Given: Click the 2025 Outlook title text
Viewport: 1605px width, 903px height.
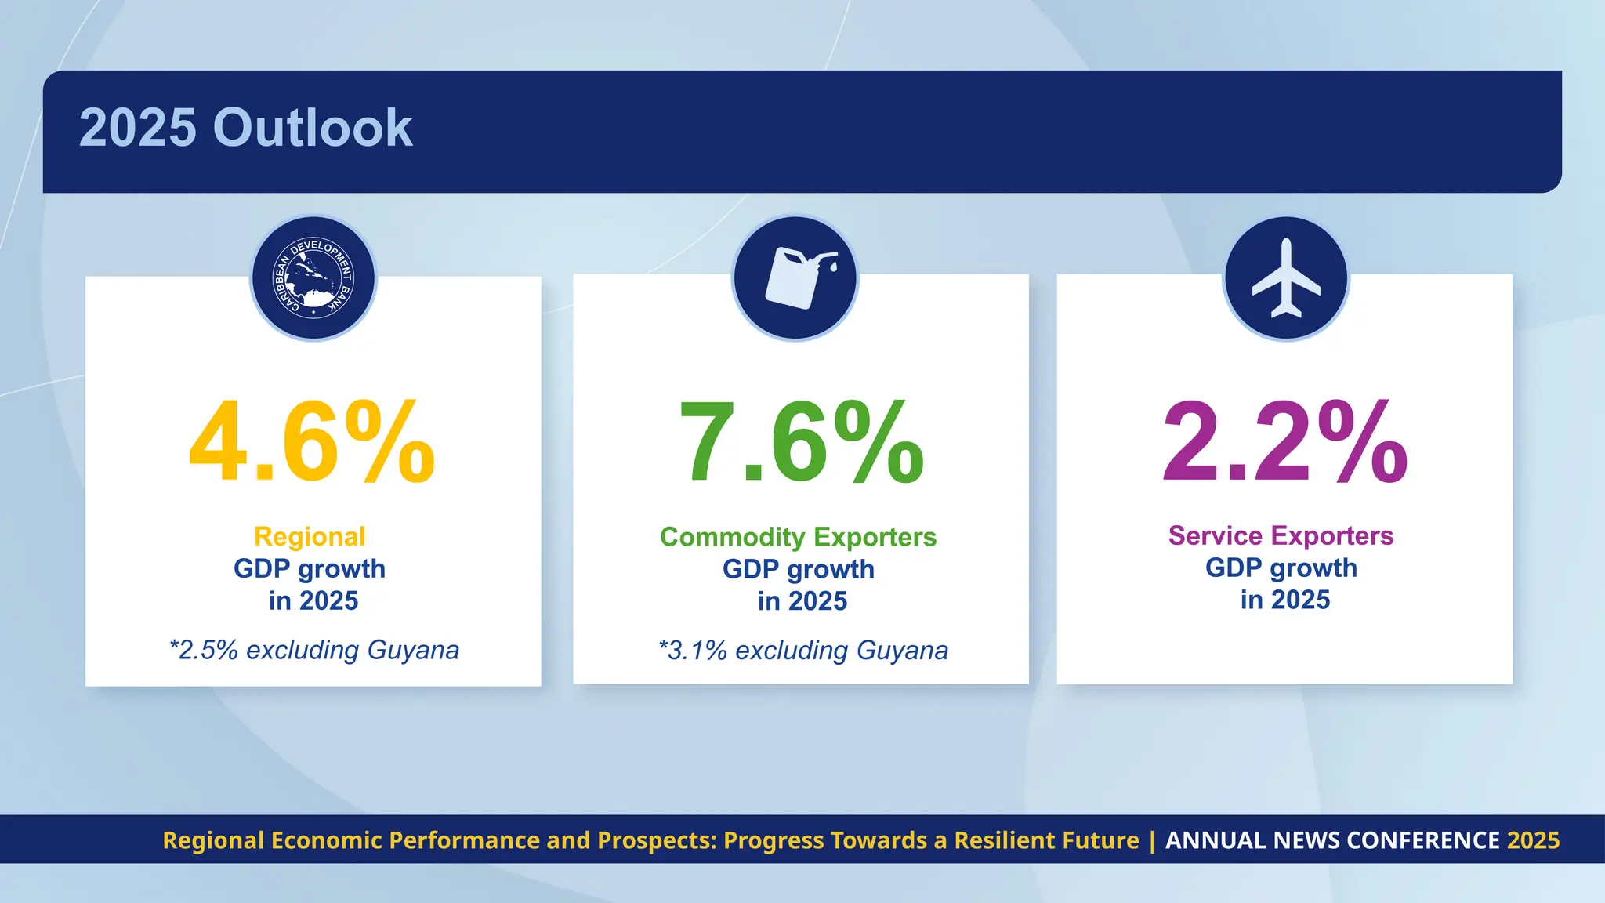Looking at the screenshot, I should click(x=245, y=128).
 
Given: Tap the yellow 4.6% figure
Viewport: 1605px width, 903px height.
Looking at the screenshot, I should click(x=312, y=443).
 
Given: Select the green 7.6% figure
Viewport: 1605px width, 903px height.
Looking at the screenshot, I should click(x=801, y=443).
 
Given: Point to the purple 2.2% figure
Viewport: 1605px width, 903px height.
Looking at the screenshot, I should click(x=1284, y=443).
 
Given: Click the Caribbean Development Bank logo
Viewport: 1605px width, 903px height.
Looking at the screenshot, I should click(x=313, y=277).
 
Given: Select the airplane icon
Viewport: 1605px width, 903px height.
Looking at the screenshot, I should click(x=1285, y=277).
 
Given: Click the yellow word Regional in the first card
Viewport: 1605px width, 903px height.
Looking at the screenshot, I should click(x=310, y=537).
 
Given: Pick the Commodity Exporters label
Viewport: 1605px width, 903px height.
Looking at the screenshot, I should click(x=798, y=538).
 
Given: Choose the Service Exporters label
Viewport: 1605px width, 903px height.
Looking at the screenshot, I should click(x=1281, y=536).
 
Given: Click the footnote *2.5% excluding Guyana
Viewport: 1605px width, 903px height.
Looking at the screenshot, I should click(x=313, y=651).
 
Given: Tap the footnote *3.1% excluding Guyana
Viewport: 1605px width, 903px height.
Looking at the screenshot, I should click(x=802, y=651).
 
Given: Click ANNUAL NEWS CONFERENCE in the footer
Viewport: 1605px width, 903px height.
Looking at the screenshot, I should click(x=1332, y=840).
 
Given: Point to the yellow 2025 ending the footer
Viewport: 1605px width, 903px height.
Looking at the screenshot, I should click(x=1534, y=840).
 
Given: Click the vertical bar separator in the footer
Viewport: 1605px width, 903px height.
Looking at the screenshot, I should click(x=1152, y=841).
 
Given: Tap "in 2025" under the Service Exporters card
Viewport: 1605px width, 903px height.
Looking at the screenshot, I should click(x=1284, y=600).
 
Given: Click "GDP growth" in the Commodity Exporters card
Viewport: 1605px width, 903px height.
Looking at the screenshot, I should click(x=798, y=570).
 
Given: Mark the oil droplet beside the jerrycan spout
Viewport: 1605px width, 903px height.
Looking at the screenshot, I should click(x=833, y=267).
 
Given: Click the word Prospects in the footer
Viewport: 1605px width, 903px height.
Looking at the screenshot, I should click(x=655, y=840).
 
